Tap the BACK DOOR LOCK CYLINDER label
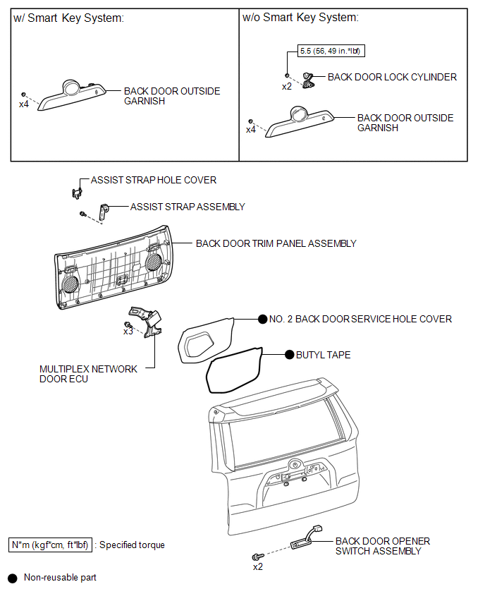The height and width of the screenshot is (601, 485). pyautogui.click(x=392, y=77)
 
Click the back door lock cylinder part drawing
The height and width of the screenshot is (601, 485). pyautogui.click(x=309, y=80)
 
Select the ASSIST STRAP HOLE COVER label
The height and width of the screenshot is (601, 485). pyautogui.click(x=154, y=181)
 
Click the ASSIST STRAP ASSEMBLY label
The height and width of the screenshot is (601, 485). pyautogui.click(x=188, y=207)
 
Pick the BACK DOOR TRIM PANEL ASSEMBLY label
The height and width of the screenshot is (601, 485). pyautogui.click(x=276, y=243)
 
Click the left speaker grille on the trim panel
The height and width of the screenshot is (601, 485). pyautogui.click(x=69, y=284)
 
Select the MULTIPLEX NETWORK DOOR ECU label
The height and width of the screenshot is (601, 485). pyautogui.click(x=89, y=374)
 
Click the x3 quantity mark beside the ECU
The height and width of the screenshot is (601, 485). pyautogui.click(x=128, y=332)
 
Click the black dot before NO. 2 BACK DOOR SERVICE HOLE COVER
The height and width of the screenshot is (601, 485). pyautogui.click(x=262, y=319)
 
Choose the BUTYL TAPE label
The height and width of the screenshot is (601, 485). pyautogui.click(x=324, y=355)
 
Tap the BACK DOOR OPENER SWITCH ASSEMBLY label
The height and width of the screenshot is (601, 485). pyautogui.click(x=382, y=546)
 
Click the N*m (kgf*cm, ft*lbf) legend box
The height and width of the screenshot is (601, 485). pyautogui.click(x=50, y=545)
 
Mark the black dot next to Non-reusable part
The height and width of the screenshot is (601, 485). pyautogui.click(x=12, y=578)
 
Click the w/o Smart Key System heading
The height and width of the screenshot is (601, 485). pyautogui.click(x=300, y=18)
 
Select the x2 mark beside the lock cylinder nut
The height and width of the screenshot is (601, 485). pyautogui.click(x=286, y=87)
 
